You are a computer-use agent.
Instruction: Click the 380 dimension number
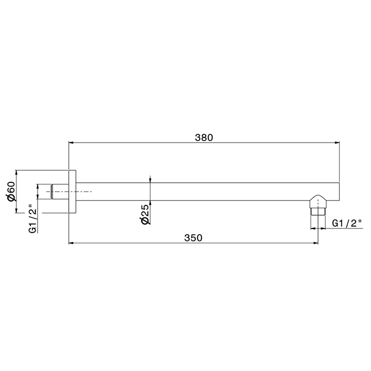204,137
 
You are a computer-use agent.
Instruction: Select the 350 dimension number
193,238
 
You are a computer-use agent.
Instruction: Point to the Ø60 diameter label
10,191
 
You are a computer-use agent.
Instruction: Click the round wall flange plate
73,191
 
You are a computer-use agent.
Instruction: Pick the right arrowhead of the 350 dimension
315,243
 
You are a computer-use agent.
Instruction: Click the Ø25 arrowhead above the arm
151,181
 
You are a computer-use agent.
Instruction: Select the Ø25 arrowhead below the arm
151,202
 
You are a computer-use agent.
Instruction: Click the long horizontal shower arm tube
212,191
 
